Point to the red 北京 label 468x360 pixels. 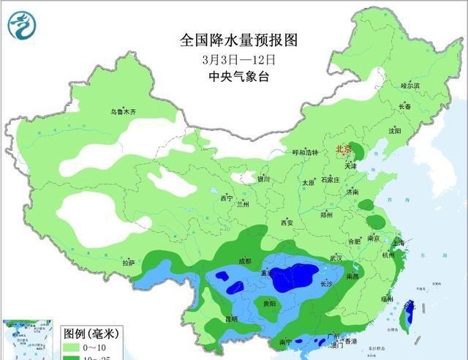(x=343, y=149)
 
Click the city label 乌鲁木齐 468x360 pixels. (x=123, y=112)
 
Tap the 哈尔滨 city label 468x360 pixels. (x=410, y=86)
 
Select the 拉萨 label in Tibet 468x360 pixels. (x=129, y=263)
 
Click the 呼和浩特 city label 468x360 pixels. (x=305, y=152)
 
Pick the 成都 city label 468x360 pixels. (x=244, y=260)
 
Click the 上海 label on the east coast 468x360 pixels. (x=399, y=242)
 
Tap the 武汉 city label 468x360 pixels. (x=336, y=258)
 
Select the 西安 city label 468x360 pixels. (x=286, y=222)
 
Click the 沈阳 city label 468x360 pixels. (x=395, y=131)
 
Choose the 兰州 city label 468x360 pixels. (x=243, y=204)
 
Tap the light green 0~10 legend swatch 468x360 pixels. (x=74, y=346)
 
